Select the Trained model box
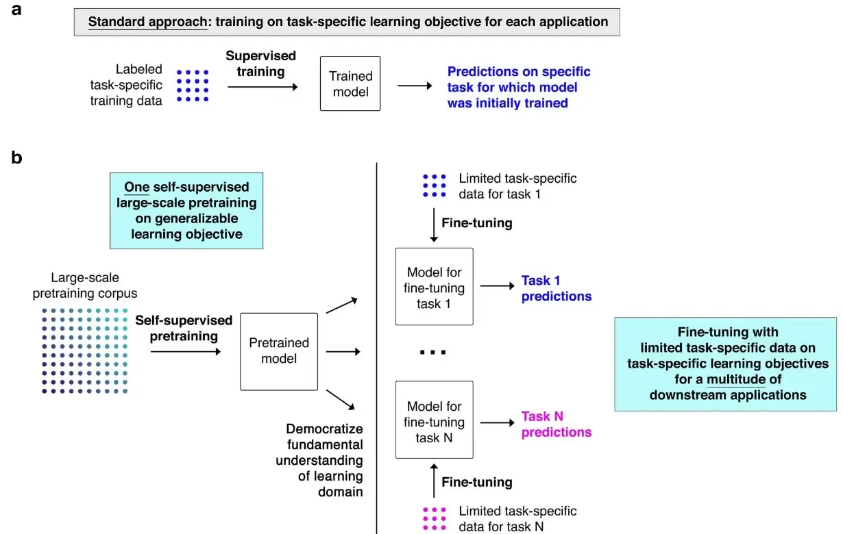[x=350, y=84]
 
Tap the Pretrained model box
[x=279, y=351]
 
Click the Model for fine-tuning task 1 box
[x=435, y=288]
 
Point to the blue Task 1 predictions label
[x=556, y=288]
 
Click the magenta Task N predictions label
[x=556, y=424]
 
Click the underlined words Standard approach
[x=147, y=22]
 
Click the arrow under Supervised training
[x=262, y=87]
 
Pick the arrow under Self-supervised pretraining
[x=185, y=352]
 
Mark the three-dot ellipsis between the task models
[x=433, y=352]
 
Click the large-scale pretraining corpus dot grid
[x=84, y=351]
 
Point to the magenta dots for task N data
[x=435, y=519]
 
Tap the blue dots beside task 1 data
[x=435, y=185]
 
